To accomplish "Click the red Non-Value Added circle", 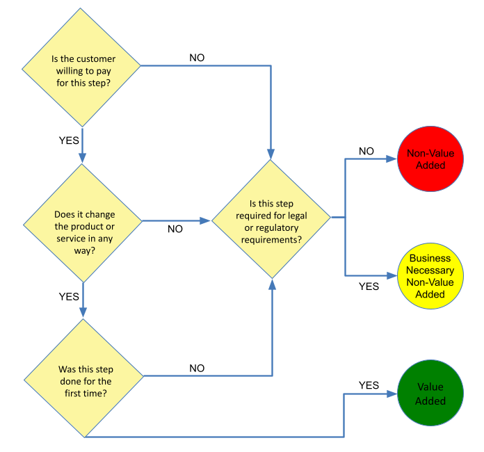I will (430, 159).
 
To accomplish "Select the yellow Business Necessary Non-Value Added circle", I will (430, 276).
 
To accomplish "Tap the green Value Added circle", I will (430, 394).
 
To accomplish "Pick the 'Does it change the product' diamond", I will (82, 222).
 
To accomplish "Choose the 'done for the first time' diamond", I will (82, 378).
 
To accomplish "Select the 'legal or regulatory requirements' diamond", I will (271, 219).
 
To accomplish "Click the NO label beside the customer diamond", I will (197, 58).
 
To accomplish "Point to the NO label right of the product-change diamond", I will (175, 229).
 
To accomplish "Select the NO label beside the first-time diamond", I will (197, 368).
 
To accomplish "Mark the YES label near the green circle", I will (369, 385).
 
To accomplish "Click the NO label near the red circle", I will (366, 151).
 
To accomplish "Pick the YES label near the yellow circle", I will (369, 285).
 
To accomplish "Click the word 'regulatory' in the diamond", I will (275, 227).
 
